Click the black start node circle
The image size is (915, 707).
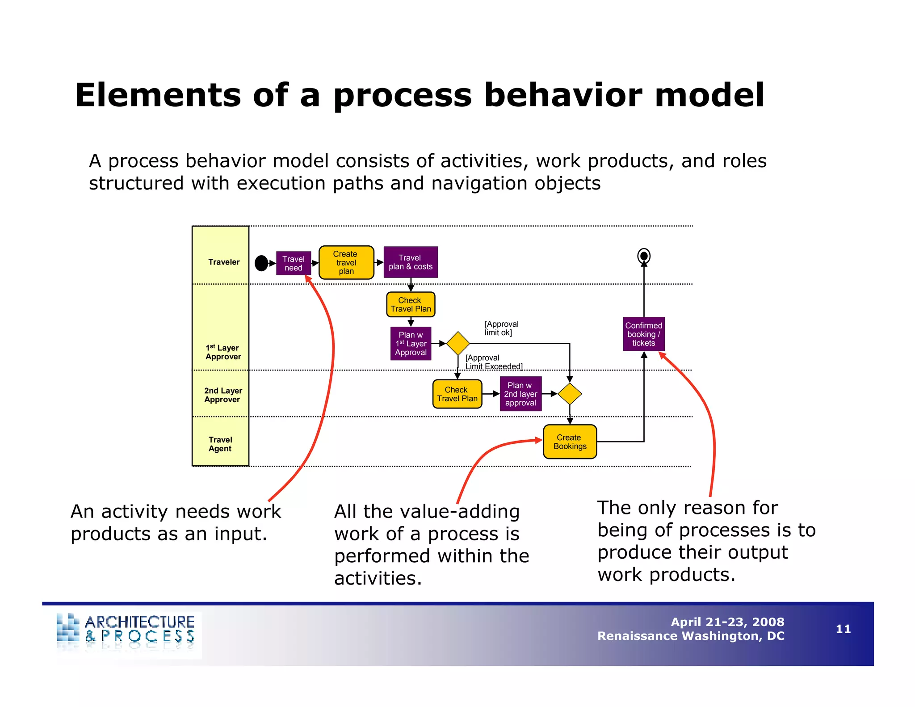(x=261, y=263)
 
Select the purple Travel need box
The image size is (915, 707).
(x=294, y=263)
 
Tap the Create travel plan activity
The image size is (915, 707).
(x=346, y=263)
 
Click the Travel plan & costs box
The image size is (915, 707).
(x=411, y=262)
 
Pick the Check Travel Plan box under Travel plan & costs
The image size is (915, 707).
(x=411, y=305)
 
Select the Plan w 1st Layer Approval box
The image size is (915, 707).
(x=411, y=344)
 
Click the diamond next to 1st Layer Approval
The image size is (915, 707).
(x=458, y=343)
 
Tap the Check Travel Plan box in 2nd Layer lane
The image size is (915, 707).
(x=457, y=394)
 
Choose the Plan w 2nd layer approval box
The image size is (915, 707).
(x=520, y=394)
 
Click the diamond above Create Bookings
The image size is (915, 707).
(x=570, y=394)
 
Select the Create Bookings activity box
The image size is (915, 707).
(x=570, y=442)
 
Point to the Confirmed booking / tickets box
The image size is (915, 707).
(x=644, y=334)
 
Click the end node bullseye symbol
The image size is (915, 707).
(x=644, y=256)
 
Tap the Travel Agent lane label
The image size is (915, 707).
(x=220, y=444)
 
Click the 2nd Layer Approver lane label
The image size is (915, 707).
(x=222, y=395)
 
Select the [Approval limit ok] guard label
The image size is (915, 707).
(x=501, y=328)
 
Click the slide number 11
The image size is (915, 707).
(x=843, y=629)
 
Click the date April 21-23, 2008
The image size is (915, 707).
(x=727, y=622)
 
